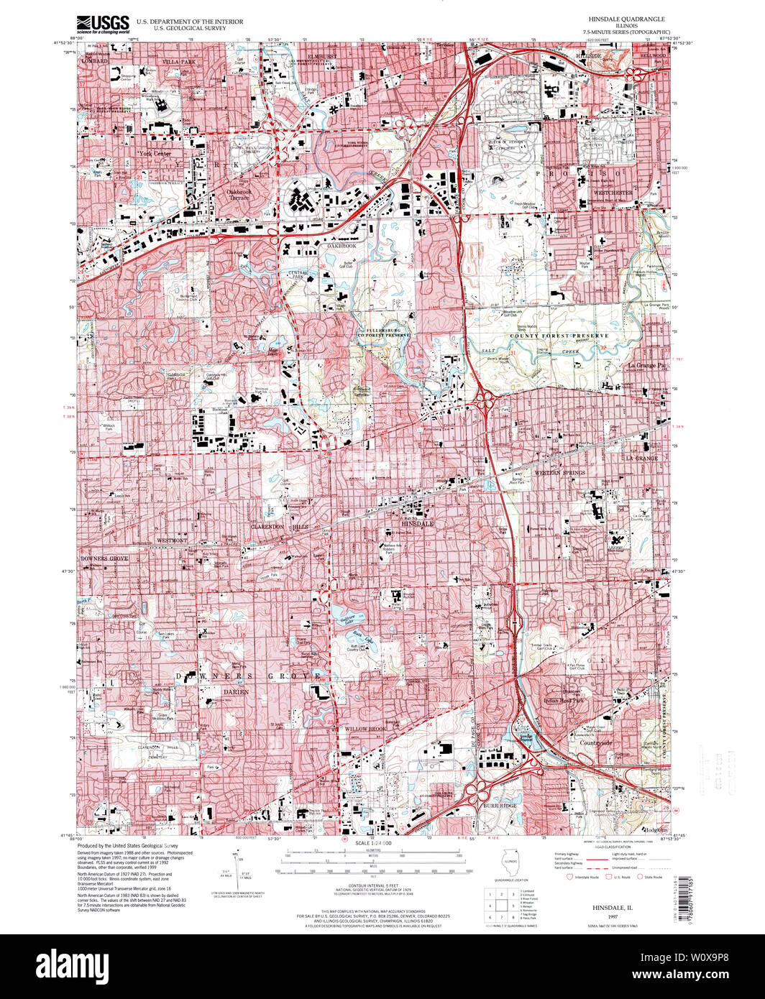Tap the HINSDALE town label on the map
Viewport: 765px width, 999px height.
point(416,524)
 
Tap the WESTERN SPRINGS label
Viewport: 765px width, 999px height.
point(561,472)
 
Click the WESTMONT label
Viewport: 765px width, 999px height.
point(173,540)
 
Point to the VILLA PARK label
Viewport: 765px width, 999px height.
point(179,63)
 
